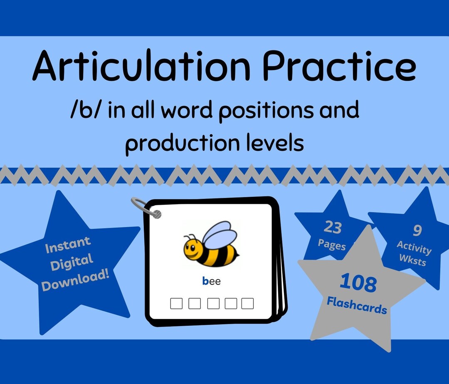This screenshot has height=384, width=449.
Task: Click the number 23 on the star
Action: (x=333, y=228)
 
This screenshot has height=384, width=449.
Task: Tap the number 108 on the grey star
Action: (x=358, y=283)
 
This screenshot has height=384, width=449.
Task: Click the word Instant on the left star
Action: (x=68, y=245)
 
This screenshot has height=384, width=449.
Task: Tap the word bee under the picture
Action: (x=211, y=282)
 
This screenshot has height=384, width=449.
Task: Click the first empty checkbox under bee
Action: (x=176, y=303)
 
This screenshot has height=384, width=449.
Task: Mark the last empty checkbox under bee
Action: (x=247, y=303)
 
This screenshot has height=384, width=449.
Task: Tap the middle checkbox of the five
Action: (x=213, y=303)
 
